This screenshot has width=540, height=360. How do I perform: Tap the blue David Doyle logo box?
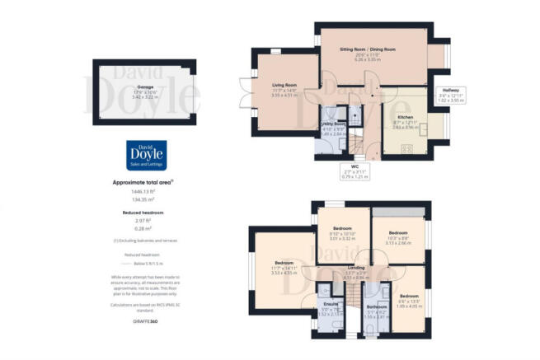point(144,157)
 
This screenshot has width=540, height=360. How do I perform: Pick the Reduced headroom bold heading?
point(144,212)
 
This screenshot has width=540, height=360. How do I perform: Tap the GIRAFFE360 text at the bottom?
point(144,318)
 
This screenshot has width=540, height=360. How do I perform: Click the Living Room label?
point(284,84)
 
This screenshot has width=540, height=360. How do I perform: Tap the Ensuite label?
point(329,305)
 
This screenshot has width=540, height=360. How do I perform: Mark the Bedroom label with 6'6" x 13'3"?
point(409,296)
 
